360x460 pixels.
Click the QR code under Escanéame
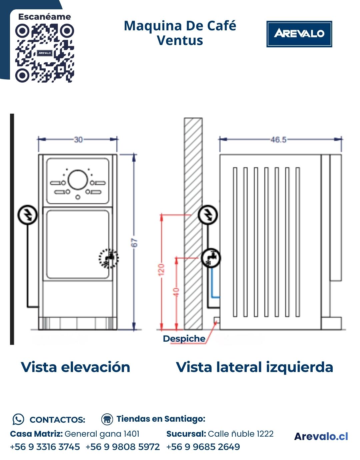coord(44,53)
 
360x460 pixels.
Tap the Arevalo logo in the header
coord(299,34)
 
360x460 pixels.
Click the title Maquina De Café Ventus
coord(180,33)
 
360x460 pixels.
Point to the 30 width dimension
coord(78,139)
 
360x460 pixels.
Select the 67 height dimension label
coord(134,242)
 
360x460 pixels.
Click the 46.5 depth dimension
coord(278,139)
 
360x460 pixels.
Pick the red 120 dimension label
coord(161,269)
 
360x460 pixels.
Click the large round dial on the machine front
coord(78,180)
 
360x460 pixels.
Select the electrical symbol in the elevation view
coord(27,215)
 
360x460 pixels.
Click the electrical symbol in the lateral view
coord(208,214)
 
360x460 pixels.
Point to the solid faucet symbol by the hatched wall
coord(211,258)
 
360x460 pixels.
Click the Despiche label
coord(184,339)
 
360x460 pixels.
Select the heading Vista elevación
coord(75,367)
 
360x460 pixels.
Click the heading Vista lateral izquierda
coord(254,367)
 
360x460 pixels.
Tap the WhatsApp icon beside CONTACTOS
coord(18,419)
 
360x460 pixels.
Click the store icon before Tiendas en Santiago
coord(107,419)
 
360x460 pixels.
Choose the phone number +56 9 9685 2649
coord(203,447)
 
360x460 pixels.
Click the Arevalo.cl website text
coord(321,436)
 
